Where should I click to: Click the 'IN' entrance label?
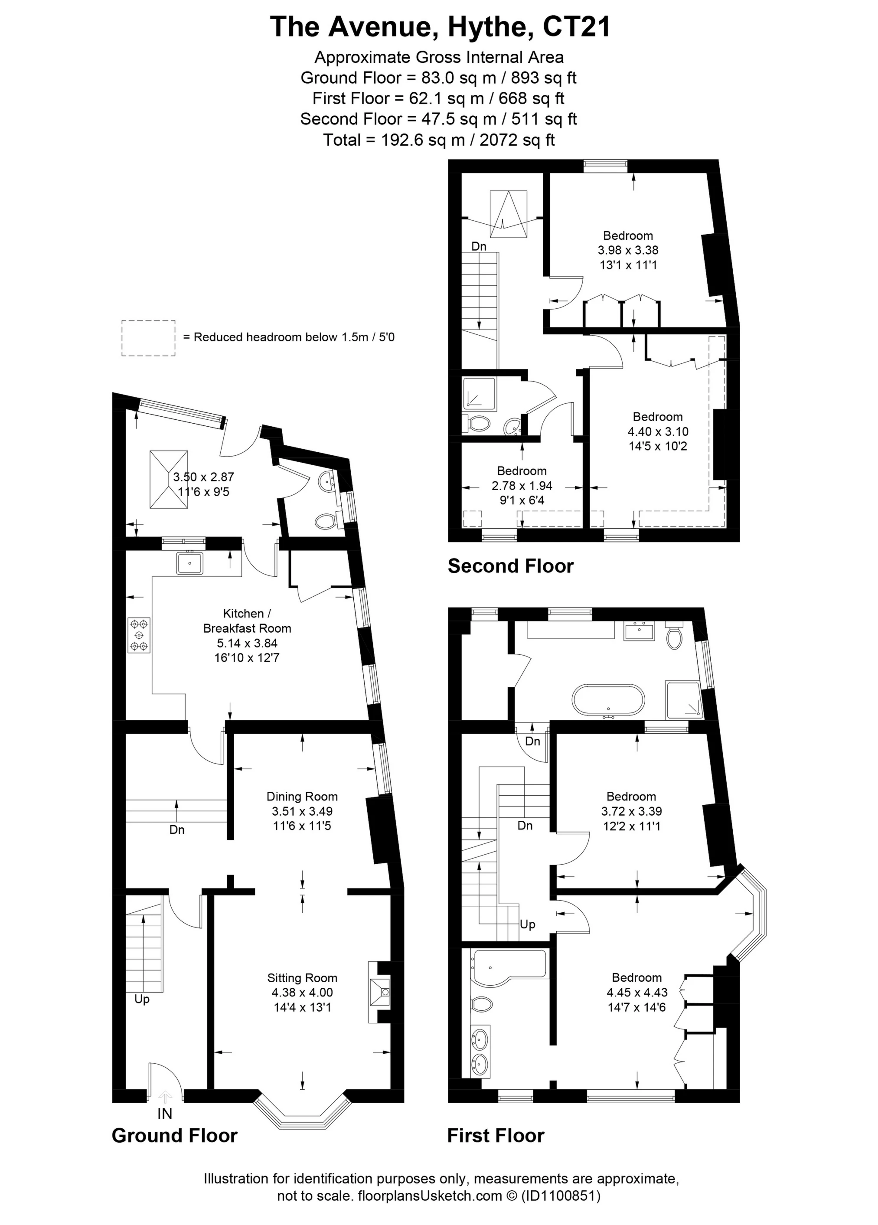(x=165, y=1114)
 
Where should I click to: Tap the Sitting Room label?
(x=302, y=978)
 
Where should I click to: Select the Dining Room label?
(x=302, y=796)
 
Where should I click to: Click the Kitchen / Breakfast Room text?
(x=247, y=621)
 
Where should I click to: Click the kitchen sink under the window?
(x=189, y=563)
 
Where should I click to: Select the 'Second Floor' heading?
(x=510, y=566)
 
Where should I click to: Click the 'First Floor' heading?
(x=496, y=1135)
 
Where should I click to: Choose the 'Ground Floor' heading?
(x=174, y=1135)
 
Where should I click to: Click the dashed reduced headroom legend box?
(x=148, y=337)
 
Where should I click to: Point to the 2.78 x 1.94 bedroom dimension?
(x=522, y=486)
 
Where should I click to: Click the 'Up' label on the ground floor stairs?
(x=142, y=999)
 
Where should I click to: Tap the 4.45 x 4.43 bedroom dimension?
(x=637, y=992)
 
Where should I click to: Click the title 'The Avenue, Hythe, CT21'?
(x=440, y=26)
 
